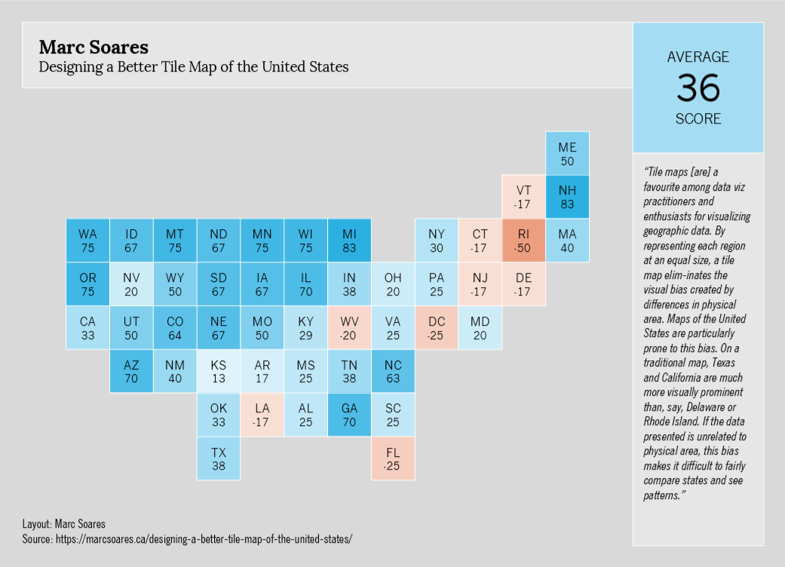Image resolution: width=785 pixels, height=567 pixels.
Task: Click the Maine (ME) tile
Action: tap(567, 154)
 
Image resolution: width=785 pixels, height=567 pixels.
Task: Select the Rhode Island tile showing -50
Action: tap(524, 241)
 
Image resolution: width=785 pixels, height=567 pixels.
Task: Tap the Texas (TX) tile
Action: tap(219, 458)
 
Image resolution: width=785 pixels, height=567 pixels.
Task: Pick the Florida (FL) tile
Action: tap(393, 458)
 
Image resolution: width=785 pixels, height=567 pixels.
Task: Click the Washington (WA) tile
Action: tap(87, 241)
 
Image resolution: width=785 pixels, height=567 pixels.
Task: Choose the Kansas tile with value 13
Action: tap(219, 371)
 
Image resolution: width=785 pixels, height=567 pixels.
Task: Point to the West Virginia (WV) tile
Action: tap(349, 327)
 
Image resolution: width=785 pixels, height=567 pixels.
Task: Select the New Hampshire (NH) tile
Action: tap(567, 197)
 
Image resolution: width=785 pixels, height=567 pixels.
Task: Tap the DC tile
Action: tap(437, 327)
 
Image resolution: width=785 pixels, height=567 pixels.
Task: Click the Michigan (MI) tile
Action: tap(349, 241)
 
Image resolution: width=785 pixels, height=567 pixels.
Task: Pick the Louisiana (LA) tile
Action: tap(262, 415)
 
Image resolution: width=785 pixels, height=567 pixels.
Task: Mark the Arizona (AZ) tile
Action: tap(131, 371)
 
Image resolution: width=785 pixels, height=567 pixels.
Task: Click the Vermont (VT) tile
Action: tap(524, 197)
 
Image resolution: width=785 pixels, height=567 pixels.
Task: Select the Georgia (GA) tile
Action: tap(349, 415)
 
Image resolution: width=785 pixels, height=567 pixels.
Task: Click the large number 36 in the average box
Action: tap(698, 88)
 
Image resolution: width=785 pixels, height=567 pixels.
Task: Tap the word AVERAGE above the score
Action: tap(698, 57)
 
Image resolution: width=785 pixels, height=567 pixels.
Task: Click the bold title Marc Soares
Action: tap(94, 47)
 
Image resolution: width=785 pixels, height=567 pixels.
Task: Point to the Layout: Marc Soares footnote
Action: tap(63, 523)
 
